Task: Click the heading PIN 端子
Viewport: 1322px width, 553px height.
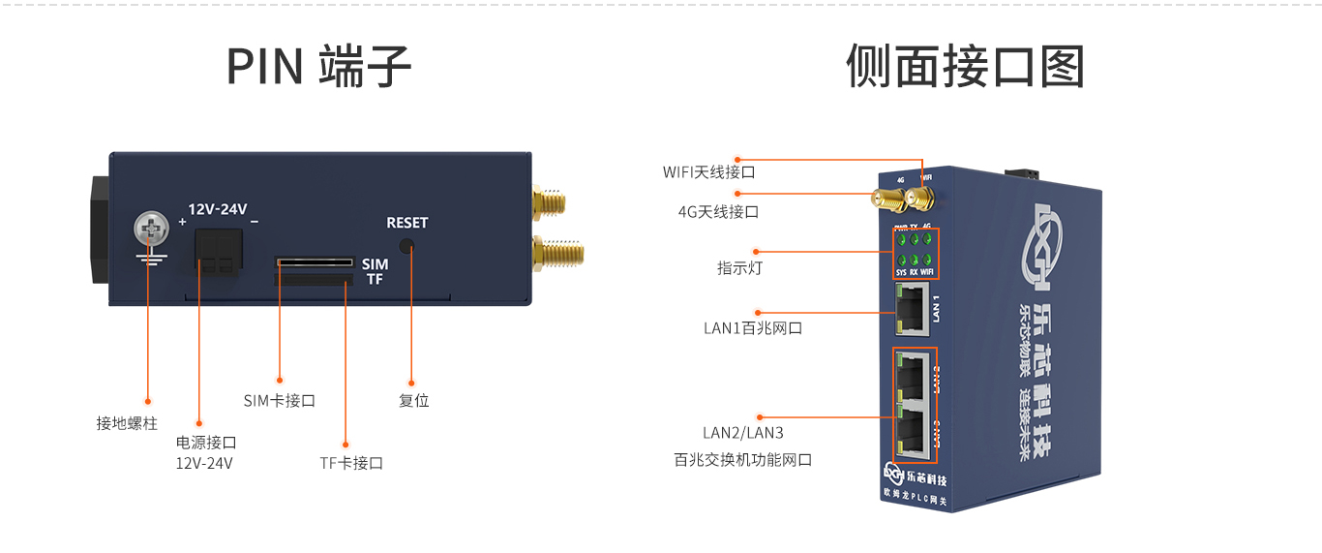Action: (318, 66)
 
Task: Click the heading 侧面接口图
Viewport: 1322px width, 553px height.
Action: (965, 66)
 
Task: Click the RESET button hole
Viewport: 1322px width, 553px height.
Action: (407, 247)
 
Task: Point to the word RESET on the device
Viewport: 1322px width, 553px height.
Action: (406, 223)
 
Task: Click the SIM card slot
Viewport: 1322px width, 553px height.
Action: (314, 261)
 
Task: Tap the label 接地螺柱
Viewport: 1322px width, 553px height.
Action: (127, 423)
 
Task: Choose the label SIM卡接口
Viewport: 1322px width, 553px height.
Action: (280, 400)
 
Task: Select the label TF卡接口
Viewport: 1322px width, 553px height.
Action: (351, 463)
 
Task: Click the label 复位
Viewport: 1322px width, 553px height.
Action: (413, 400)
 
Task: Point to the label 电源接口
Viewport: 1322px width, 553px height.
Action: (206, 443)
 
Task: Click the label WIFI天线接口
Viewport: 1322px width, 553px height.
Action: (708, 172)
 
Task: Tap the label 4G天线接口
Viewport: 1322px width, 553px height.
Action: (718, 211)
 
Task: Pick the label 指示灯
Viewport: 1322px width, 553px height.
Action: (739, 268)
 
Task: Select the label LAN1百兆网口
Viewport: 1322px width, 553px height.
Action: (753, 328)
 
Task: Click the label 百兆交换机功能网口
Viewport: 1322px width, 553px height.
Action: (742, 460)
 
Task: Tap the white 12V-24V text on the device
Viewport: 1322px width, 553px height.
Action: (218, 208)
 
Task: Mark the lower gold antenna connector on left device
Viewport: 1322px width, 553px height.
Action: (558, 254)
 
